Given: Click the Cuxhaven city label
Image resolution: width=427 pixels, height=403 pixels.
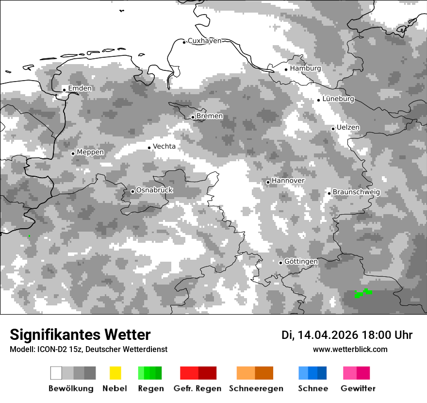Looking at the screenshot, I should [204, 41].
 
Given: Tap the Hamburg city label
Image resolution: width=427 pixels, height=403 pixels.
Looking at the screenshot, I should [305, 68].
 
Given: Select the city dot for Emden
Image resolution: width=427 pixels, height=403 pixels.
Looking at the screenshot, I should [64, 89].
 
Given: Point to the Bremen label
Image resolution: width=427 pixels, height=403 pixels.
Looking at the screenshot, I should [210, 116].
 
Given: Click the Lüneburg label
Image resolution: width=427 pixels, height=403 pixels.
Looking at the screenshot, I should [338, 99].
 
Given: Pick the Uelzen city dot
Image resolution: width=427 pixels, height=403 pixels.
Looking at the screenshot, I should [333, 129].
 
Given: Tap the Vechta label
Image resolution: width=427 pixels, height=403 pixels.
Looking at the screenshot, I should [164, 146].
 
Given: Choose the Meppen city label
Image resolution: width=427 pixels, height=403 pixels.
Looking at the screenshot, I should [90, 152].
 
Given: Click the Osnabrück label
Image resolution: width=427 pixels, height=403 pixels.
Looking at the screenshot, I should [154, 190].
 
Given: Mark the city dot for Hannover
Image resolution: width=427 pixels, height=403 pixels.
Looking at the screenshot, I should [268, 182].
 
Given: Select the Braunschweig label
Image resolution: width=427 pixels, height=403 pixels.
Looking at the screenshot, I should [356, 192].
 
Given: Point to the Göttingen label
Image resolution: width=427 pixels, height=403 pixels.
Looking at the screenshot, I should [301, 262].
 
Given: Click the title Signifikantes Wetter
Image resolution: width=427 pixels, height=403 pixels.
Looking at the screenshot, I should [80, 335].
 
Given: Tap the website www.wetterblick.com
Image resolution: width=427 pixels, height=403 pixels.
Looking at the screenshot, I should [350, 349].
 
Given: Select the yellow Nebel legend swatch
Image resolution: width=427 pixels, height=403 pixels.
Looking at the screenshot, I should [115, 373].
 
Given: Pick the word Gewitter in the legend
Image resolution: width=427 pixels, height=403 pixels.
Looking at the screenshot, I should [358, 388].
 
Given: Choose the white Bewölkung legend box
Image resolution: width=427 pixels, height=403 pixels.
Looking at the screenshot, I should [56, 373].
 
